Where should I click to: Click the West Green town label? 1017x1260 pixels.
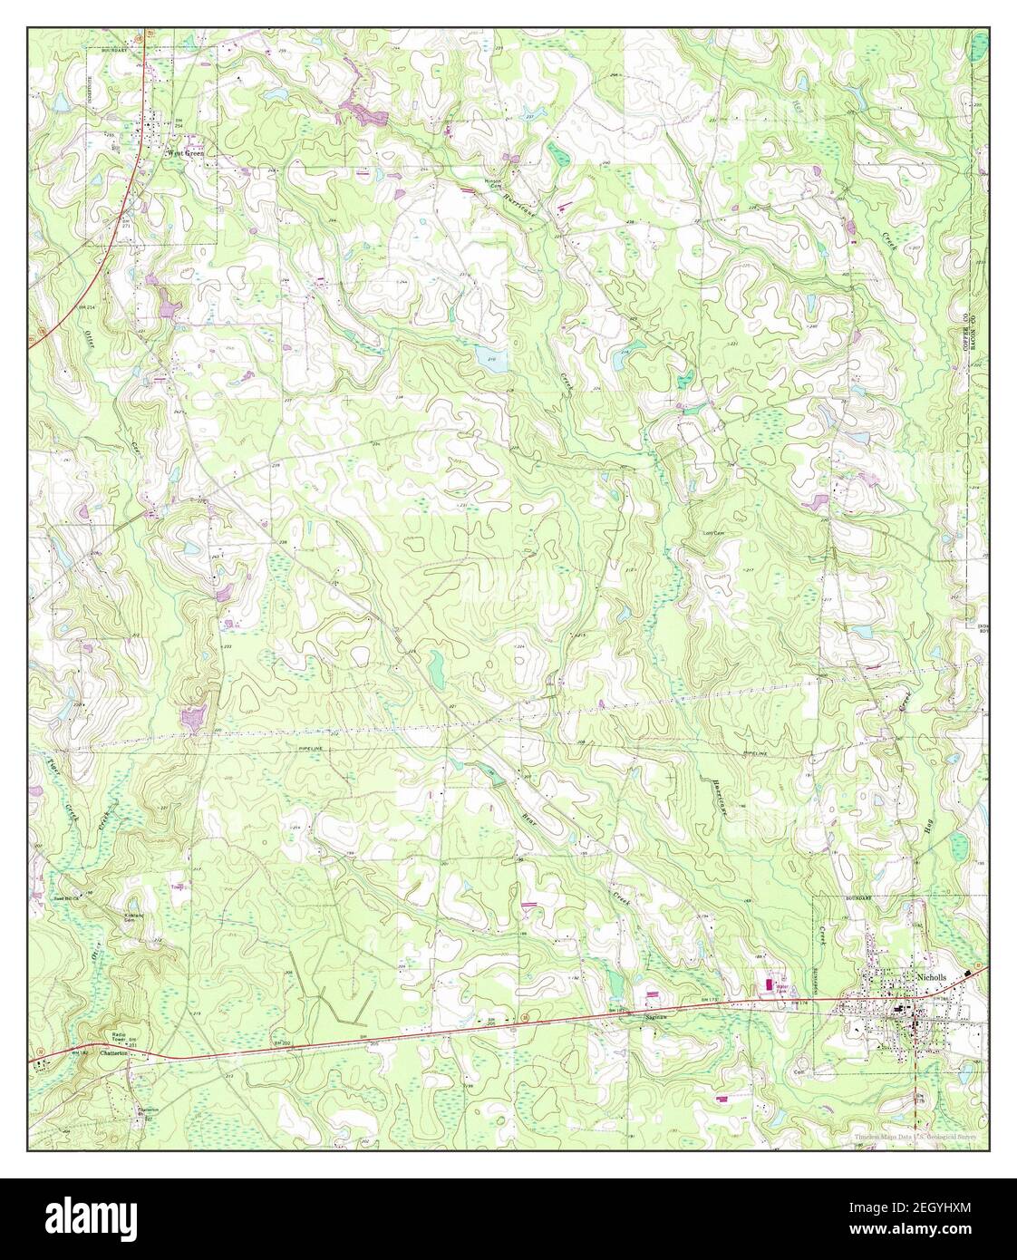coord(184,154)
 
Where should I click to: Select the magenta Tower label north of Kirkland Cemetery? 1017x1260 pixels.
coord(178,887)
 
